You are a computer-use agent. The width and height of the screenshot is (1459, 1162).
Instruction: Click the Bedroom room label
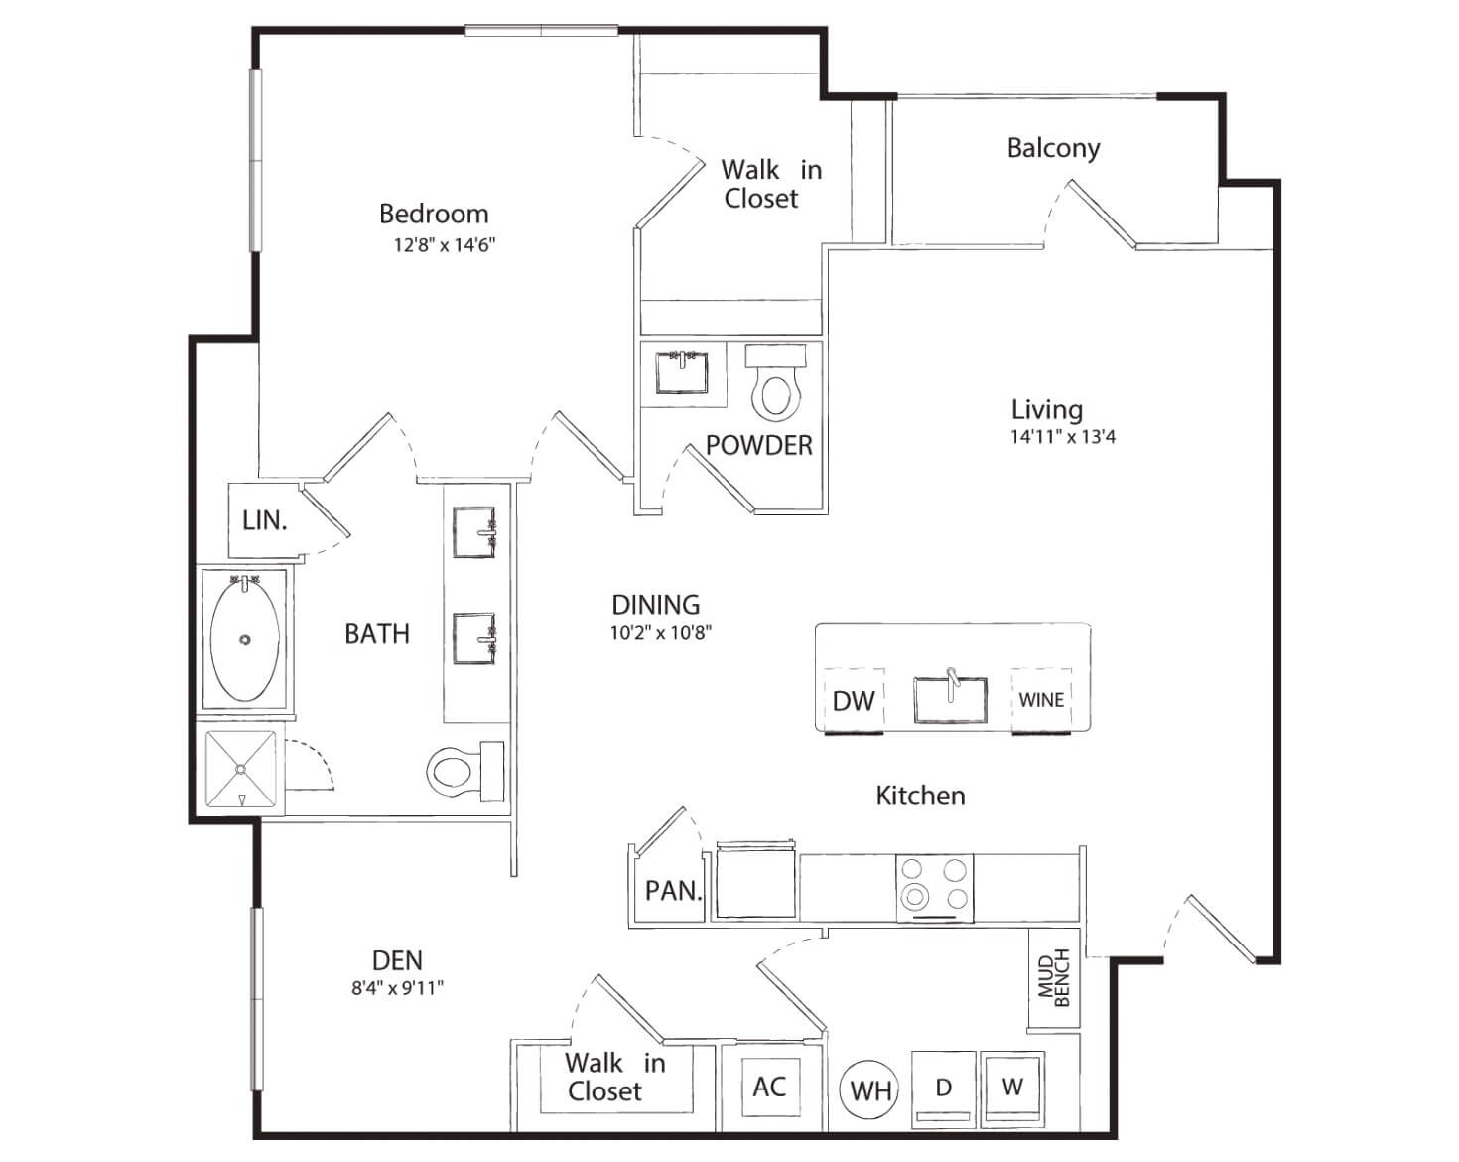434,214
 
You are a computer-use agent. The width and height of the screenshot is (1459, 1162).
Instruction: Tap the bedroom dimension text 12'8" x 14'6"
445,244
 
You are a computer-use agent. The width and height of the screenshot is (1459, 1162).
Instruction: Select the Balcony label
1054,149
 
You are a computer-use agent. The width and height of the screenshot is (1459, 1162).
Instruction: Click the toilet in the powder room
775,382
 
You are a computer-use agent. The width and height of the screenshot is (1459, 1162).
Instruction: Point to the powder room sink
682,372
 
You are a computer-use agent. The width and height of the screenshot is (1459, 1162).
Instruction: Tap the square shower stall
240,769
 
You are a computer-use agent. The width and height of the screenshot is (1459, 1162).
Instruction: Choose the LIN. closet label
264,520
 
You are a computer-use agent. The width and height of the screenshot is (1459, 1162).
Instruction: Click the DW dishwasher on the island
854,701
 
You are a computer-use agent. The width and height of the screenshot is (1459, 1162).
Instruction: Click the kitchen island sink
950,699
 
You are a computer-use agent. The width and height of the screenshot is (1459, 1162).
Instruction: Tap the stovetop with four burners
935,888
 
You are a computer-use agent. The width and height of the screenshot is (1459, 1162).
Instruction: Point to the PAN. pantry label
673,891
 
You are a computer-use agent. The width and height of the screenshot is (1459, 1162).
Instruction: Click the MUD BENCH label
1054,977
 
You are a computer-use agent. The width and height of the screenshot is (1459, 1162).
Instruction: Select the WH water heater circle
869,1090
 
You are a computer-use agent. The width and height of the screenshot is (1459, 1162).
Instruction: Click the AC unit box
770,1087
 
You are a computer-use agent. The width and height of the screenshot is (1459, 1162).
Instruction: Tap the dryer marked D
943,1089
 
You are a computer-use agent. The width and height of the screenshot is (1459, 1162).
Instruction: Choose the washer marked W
1013,1089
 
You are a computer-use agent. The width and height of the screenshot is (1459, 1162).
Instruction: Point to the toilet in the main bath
465,772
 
